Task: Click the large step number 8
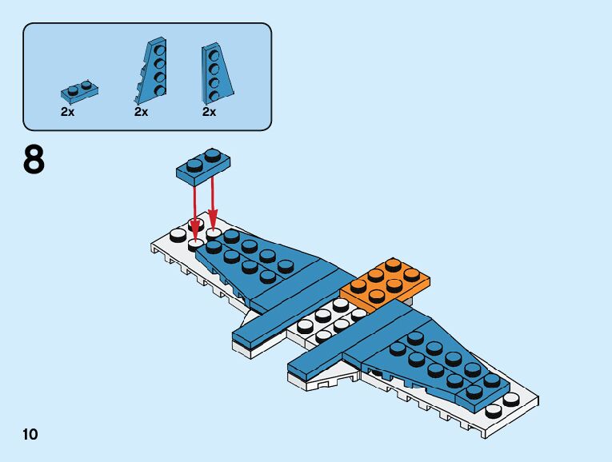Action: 34,160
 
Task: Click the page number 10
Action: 30,434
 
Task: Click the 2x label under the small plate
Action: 67,112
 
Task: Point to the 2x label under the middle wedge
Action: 142,112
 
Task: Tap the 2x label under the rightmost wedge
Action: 209,112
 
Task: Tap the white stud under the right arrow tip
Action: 214,233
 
